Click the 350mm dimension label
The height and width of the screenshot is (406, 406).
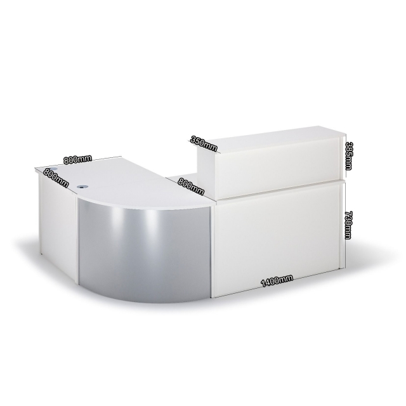[x=206, y=141]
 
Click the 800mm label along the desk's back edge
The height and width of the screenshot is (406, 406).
[x=78, y=159]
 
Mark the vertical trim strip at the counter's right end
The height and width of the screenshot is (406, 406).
[x=343, y=222]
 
